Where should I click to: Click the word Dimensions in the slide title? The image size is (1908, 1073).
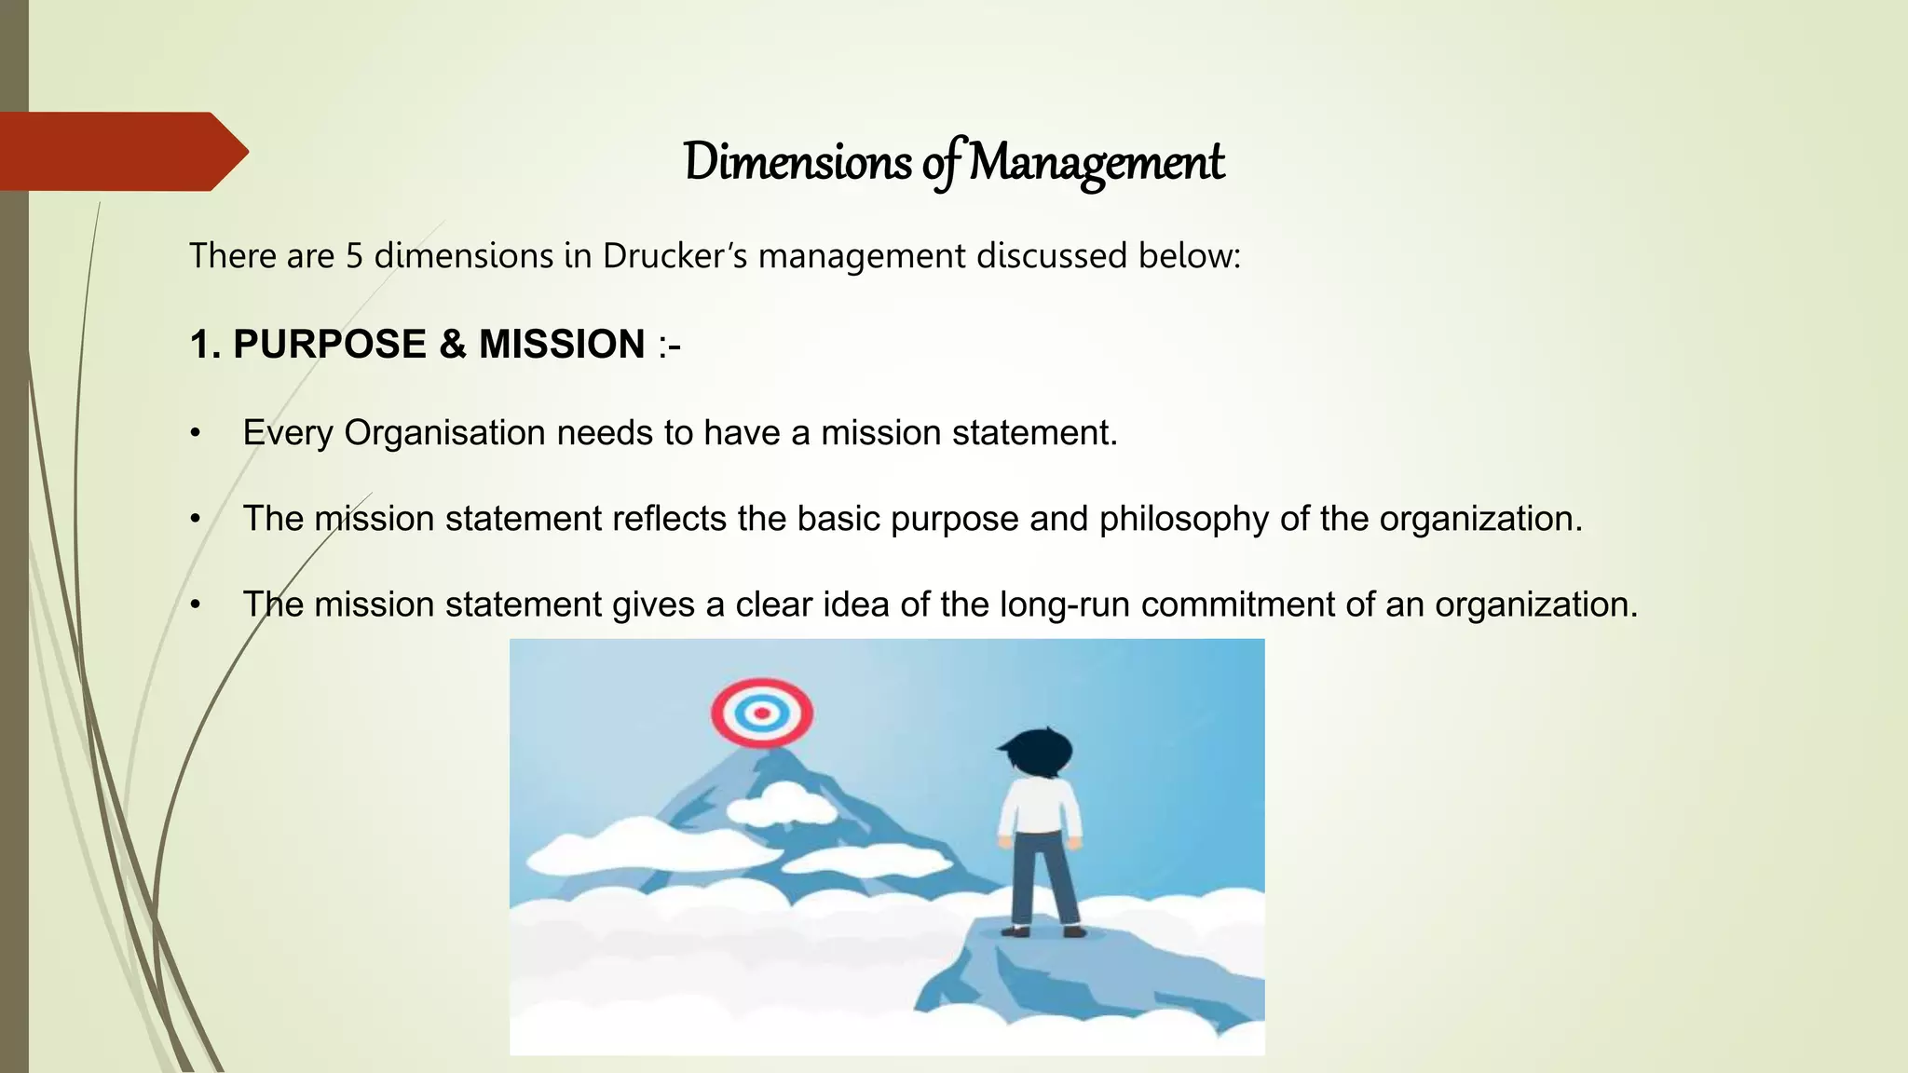click(x=797, y=162)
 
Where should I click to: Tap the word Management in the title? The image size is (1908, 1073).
click(x=1096, y=162)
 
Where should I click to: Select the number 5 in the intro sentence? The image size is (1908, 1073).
click(x=354, y=256)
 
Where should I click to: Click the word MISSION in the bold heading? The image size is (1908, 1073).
click(x=562, y=345)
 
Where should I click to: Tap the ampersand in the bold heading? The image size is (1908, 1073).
click(x=453, y=345)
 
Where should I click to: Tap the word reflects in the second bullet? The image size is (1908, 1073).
click(x=668, y=519)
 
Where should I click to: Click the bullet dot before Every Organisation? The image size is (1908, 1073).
click(x=195, y=434)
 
